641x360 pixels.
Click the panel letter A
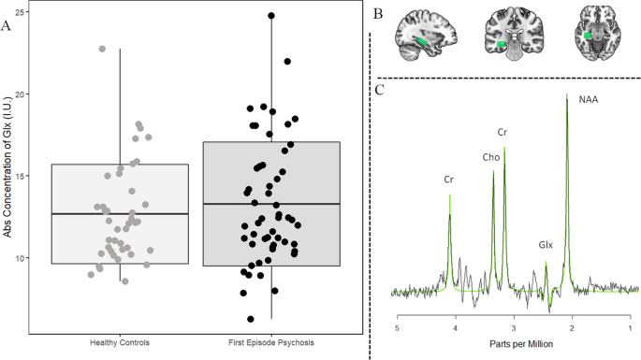(7, 25)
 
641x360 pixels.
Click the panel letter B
(378, 14)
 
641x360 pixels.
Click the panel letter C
(379, 90)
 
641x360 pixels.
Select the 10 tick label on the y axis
(19, 258)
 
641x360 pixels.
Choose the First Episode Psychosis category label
(270, 340)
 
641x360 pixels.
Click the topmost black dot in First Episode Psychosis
(271, 16)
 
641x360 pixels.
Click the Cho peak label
(490, 157)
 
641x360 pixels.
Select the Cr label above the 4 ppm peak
(449, 179)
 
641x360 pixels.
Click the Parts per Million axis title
(515, 345)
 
